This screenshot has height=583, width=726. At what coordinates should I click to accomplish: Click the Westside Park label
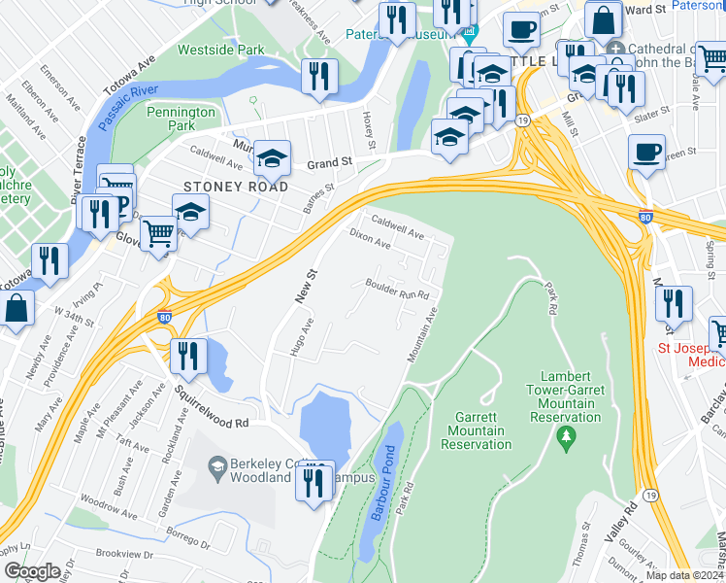(220, 49)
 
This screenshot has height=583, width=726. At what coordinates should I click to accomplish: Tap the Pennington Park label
(181, 119)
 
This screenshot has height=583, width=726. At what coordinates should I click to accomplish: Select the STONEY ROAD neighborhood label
(236, 186)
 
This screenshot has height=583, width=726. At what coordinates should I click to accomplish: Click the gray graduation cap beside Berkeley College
(215, 464)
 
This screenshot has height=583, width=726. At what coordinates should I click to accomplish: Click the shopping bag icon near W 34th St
(17, 308)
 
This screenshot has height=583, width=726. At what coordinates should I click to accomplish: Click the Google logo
(32, 570)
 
